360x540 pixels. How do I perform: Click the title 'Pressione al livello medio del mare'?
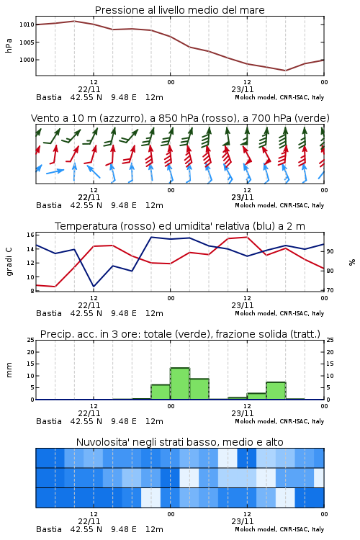[179, 10]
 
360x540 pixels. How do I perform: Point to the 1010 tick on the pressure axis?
[27, 24]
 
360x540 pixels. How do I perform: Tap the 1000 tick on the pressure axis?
[27, 60]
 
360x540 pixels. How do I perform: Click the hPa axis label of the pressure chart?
[9, 45]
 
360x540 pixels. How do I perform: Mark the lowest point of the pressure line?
[285, 71]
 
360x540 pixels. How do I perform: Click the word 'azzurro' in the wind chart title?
[120, 118]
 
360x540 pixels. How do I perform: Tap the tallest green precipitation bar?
[180, 384]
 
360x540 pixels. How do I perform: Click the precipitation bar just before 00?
[161, 392]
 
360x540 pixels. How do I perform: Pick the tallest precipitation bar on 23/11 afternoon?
[276, 391]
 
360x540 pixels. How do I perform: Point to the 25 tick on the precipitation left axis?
[31, 340]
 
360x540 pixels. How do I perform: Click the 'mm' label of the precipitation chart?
[9, 370]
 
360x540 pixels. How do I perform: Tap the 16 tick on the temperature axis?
[30, 235]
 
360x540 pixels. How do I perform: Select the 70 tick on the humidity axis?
[330, 290]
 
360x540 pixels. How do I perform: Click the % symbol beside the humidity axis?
[352, 262]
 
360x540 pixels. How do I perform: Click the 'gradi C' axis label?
[9, 262]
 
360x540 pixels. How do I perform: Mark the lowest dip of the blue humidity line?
[94, 286]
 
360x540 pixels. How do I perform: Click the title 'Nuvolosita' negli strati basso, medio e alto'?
[179, 442]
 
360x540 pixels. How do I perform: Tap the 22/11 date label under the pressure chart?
[89, 89]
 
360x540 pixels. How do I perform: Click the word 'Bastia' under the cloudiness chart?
[49, 529]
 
